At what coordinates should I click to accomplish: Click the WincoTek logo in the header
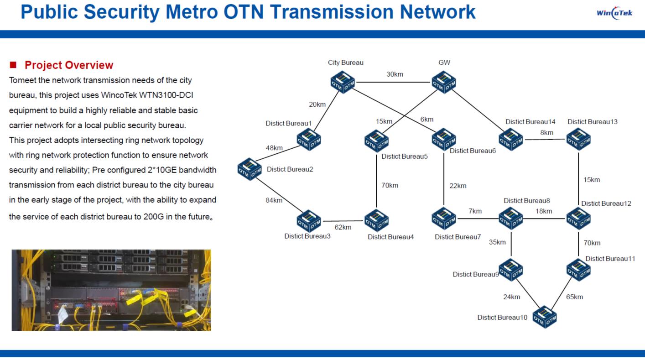pos(614,13)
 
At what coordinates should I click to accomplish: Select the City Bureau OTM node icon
pos(343,83)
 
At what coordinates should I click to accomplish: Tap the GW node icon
pos(444,83)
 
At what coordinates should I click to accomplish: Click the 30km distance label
pos(395,74)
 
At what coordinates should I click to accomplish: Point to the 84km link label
pos(274,200)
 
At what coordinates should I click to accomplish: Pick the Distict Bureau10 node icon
pos(544,317)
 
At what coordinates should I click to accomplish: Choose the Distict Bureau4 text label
pos(390,237)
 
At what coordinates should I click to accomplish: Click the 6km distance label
pos(427,120)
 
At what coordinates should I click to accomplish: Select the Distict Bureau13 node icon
pos(578,140)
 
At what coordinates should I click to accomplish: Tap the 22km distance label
pos(458,186)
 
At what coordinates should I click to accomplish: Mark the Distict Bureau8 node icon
pos(510,219)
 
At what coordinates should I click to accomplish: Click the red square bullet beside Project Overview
pos(13,65)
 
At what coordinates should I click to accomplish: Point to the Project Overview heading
pos(69,65)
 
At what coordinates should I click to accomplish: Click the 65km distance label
pos(574,297)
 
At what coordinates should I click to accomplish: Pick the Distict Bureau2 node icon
pos(250,169)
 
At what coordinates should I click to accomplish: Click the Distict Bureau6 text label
pos(473,151)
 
